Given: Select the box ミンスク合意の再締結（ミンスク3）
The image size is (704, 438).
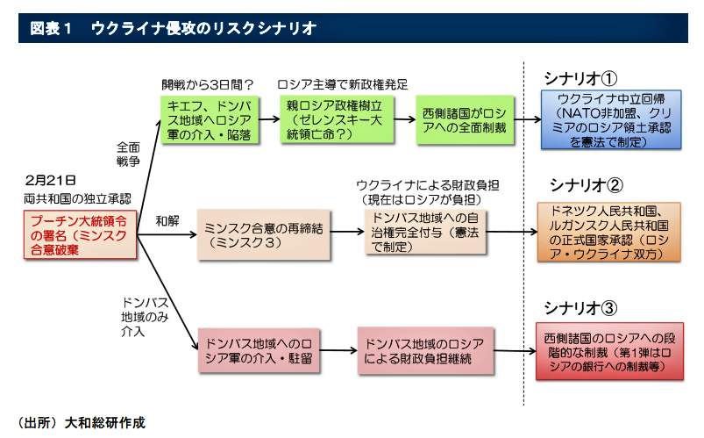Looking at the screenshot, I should click(x=253, y=233).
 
